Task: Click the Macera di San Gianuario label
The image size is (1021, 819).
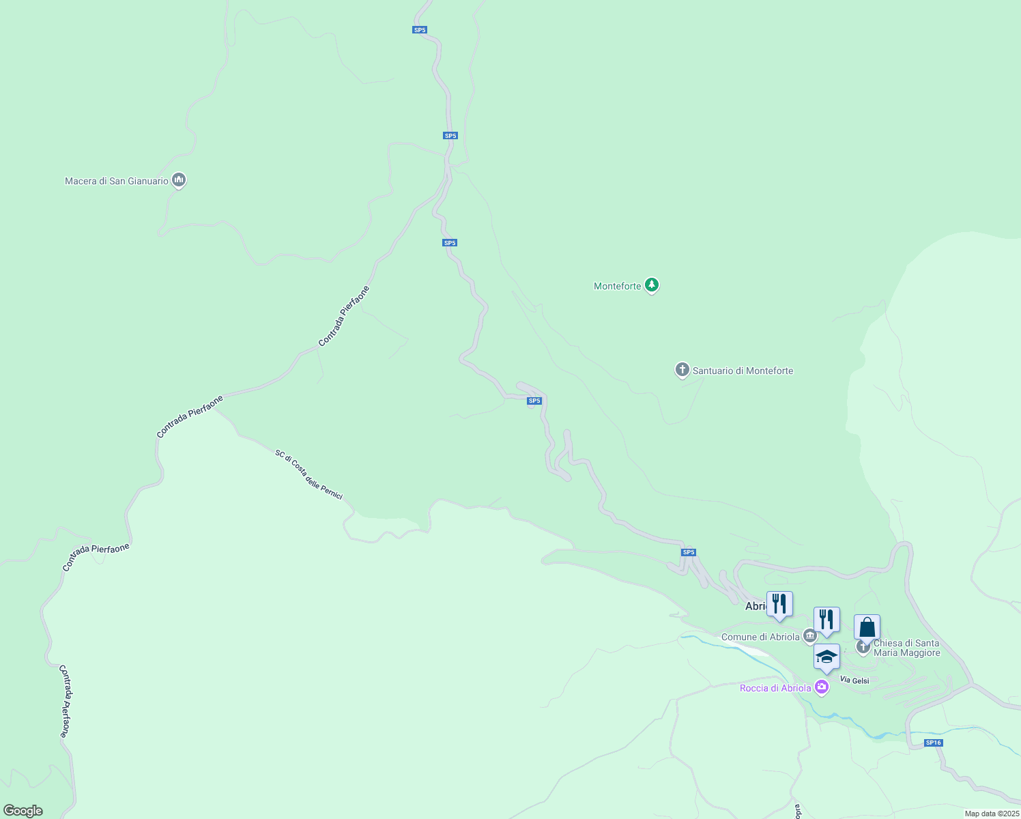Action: (x=116, y=182)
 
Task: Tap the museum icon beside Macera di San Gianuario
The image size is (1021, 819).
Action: (x=179, y=180)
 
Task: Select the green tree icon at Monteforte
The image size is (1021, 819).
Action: (x=652, y=285)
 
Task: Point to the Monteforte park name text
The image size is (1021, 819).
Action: (x=617, y=286)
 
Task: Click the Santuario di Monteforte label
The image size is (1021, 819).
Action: (x=743, y=371)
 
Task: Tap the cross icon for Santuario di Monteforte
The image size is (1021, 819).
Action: (x=682, y=370)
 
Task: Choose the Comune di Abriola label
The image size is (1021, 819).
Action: (x=760, y=637)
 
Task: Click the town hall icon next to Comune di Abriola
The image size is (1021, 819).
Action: (x=810, y=636)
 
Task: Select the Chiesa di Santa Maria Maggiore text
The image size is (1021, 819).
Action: (x=906, y=648)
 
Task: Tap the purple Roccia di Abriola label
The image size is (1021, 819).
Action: (x=775, y=688)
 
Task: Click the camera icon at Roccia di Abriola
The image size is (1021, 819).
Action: (x=822, y=687)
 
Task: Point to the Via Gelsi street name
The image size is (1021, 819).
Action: (x=854, y=680)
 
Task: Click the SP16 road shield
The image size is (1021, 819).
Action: (x=933, y=743)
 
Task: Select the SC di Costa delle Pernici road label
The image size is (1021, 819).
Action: (x=308, y=474)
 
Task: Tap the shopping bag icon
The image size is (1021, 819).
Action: (x=867, y=627)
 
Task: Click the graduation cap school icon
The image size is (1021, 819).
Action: (x=826, y=657)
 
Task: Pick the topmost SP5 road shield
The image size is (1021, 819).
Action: (x=420, y=30)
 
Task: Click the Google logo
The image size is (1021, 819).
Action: (x=23, y=811)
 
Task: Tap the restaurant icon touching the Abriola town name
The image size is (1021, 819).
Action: (x=779, y=604)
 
